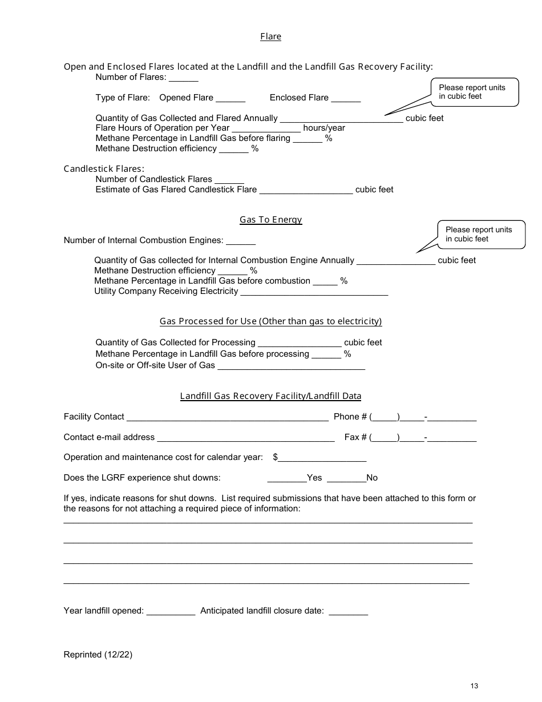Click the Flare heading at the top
(x=270, y=37)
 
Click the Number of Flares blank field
(x=184, y=78)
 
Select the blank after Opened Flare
(x=230, y=99)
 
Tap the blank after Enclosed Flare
(x=346, y=99)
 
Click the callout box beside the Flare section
(x=475, y=92)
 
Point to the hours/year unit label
(x=324, y=128)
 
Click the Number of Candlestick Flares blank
(x=229, y=180)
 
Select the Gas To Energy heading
(x=270, y=220)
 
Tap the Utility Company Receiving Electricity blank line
(x=314, y=292)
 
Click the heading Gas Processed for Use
(x=270, y=321)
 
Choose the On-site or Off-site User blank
(x=292, y=366)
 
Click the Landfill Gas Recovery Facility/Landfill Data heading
(x=270, y=396)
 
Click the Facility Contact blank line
(x=227, y=418)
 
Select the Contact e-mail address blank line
(x=245, y=438)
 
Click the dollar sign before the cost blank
(x=276, y=457)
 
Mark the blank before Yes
(x=286, y=479)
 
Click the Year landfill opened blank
(x=171, y=612)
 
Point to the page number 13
(x=474, y=686)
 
